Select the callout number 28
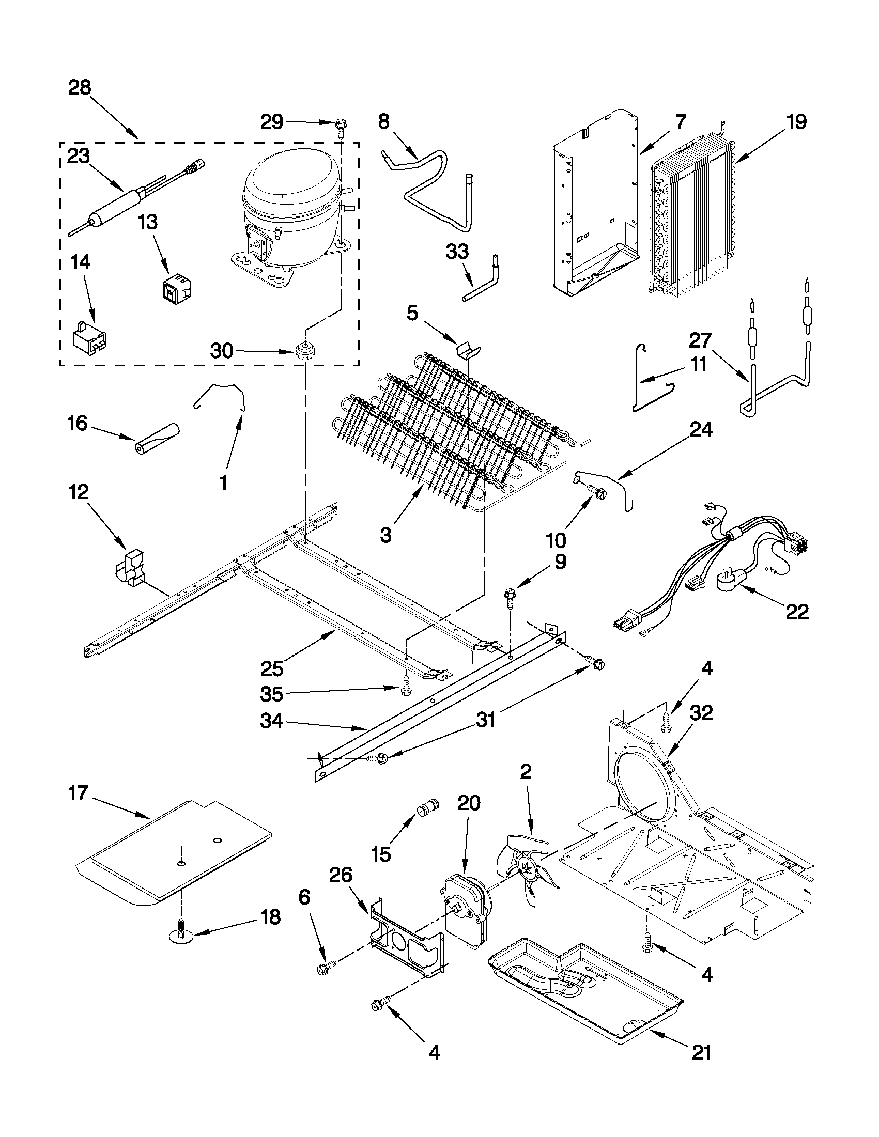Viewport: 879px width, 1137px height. point(80,87)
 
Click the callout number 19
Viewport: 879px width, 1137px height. point(796,122)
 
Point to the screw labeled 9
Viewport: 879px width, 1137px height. point(509,597)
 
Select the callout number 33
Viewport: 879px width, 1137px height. point(457,252)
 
